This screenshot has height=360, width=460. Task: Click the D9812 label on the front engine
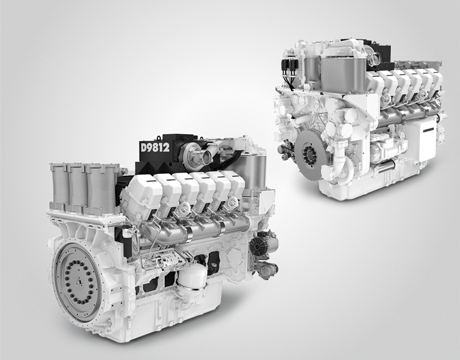click(x=155, y=148)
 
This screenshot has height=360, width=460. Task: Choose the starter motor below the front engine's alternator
click(x=266, y=269)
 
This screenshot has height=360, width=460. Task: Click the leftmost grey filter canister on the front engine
click(x=59, y=187)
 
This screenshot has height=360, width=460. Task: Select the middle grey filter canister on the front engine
click(x=77, y=188)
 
